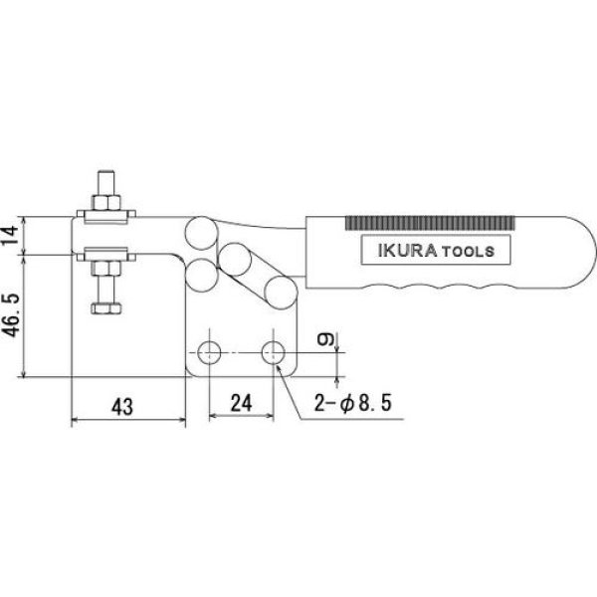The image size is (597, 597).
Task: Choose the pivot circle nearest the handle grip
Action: pos(279,292)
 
